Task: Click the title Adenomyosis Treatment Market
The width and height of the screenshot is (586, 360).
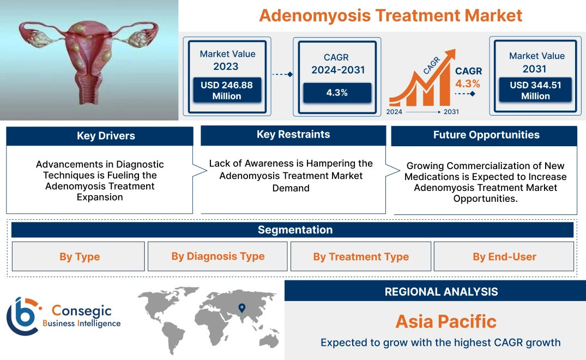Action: (390, 15)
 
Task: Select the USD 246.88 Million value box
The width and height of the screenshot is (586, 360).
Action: (226, 91)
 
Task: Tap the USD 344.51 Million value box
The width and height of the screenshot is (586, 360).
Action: (535, 91)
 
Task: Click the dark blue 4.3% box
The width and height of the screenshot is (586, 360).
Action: (337, 93)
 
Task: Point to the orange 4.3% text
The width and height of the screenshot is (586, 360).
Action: (468, 83)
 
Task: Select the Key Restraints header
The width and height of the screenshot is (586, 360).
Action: (293, 135)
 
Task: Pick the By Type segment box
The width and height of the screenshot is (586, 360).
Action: (80, 257)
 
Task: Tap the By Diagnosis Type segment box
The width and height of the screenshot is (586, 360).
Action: (218, 256)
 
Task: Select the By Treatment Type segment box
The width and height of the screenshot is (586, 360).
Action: (361, 257)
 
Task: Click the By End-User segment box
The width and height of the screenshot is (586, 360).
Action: (504, 257)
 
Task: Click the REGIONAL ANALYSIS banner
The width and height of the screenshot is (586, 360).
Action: (441, 292)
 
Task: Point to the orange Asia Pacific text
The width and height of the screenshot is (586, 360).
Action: (446, 321)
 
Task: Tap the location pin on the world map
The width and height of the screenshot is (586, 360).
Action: (242, 309)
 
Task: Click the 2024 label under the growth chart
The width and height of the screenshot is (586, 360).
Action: (395, 112)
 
